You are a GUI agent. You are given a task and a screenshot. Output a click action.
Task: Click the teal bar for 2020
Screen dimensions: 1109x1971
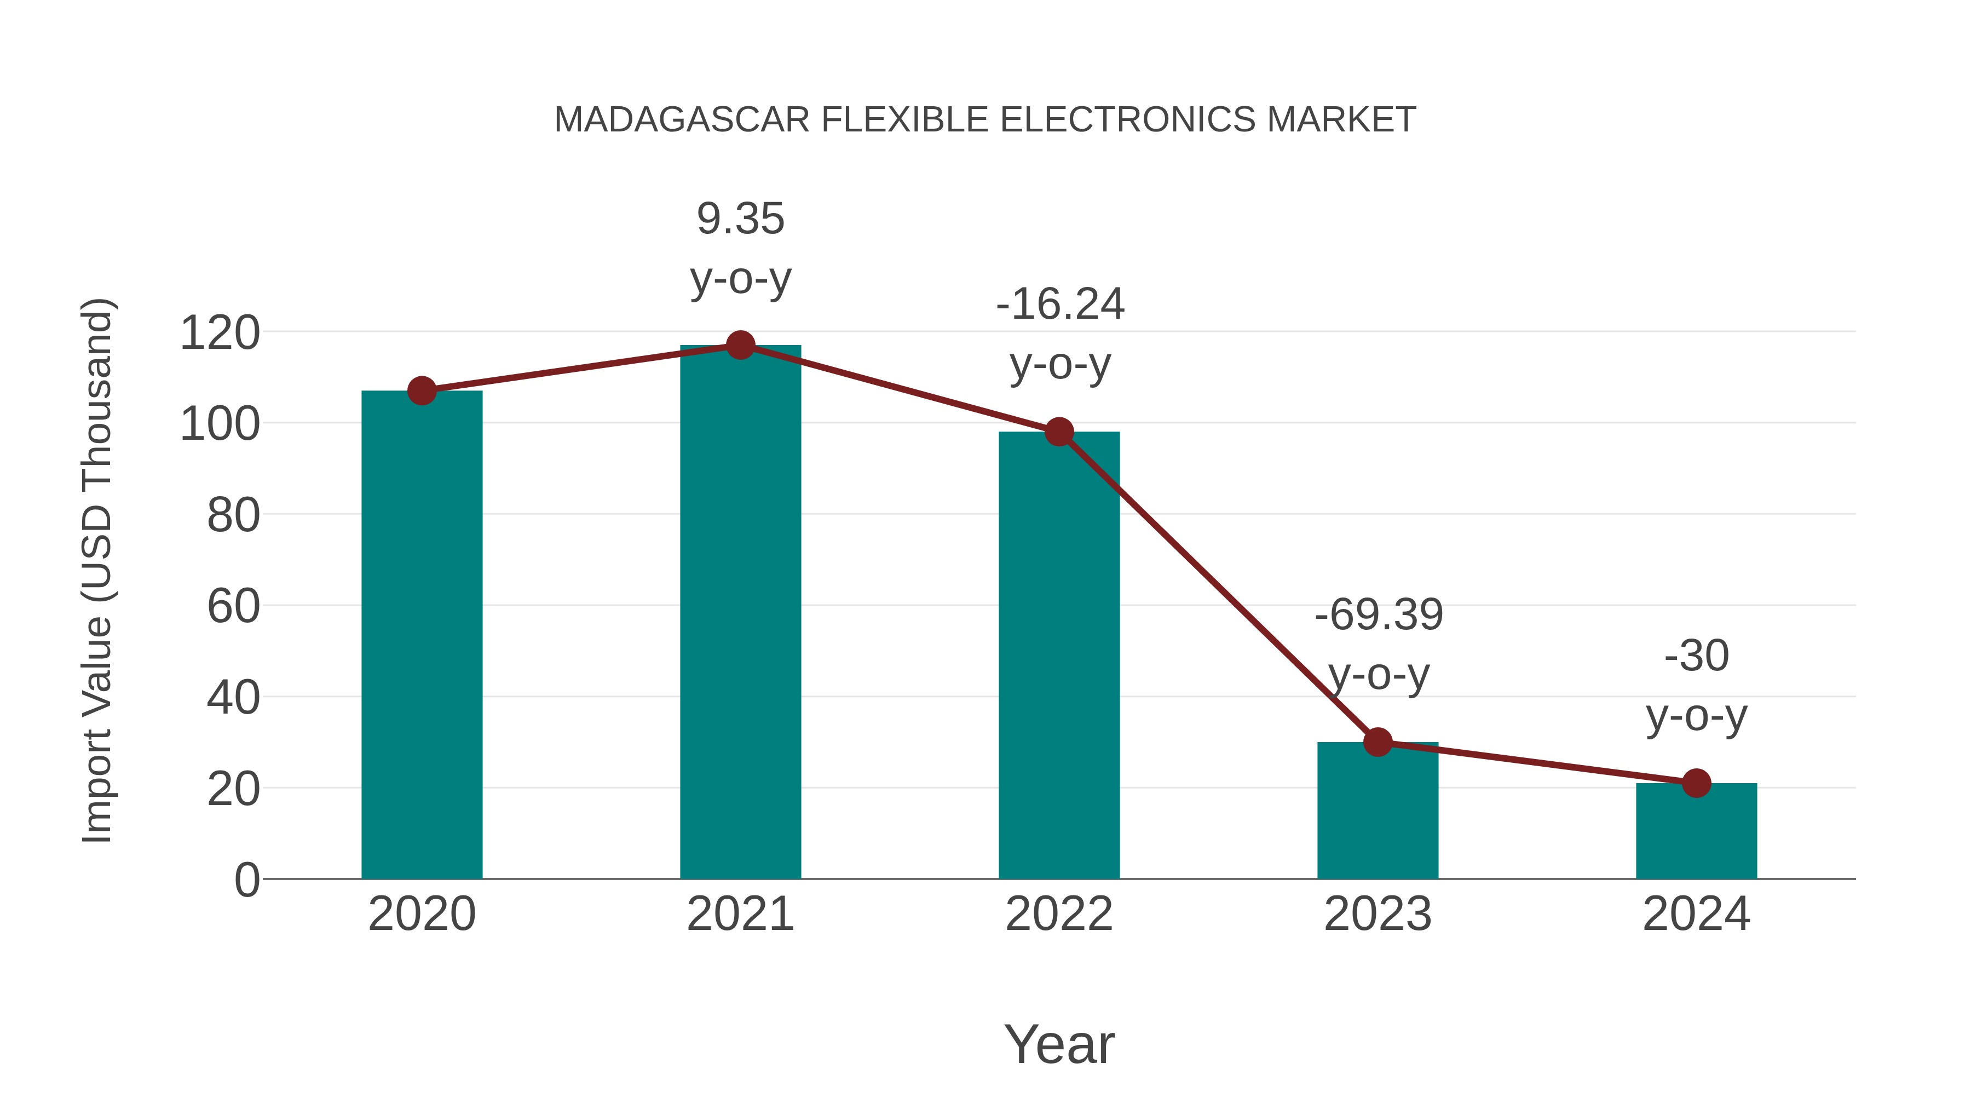[422, 635]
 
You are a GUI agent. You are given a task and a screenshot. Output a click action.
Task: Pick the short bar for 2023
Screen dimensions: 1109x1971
[1378, 811]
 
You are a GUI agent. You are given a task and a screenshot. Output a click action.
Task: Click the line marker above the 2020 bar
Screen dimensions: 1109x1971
[422, 391]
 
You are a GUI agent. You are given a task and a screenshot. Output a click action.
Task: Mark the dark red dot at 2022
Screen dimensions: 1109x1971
[1059, 433]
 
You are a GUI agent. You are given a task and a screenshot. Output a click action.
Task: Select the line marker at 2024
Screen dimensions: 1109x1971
[1696, 783]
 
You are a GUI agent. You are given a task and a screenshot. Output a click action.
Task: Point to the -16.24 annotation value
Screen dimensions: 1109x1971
[1060, 304]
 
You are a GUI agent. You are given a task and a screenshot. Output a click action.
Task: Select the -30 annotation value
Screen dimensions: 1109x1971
[1696, 656]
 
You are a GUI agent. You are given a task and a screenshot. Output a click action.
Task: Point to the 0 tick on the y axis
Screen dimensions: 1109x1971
[246, 880]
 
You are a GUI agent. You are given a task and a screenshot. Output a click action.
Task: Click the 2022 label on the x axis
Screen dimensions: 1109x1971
[1059, 914]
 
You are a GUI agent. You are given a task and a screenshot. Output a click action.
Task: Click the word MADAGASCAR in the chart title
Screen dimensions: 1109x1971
[682, 120]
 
